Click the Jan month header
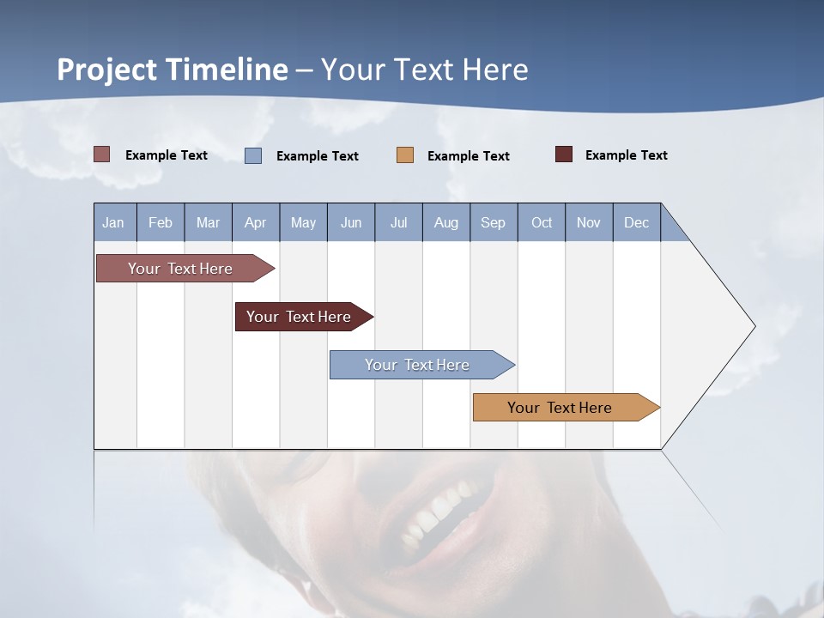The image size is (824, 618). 113,222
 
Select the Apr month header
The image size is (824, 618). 255,222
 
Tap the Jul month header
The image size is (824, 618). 398,222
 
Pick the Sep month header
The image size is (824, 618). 493,222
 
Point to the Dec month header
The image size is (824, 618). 636,222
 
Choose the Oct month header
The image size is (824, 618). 542,222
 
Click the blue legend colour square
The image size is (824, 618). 253,155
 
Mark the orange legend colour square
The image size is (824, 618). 405,155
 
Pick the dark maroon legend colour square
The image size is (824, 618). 564,154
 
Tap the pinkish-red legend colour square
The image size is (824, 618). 102,154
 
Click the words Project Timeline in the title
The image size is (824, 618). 173,70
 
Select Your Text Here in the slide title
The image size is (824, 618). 425,70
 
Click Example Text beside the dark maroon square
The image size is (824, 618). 626,155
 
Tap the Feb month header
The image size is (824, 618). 161,222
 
